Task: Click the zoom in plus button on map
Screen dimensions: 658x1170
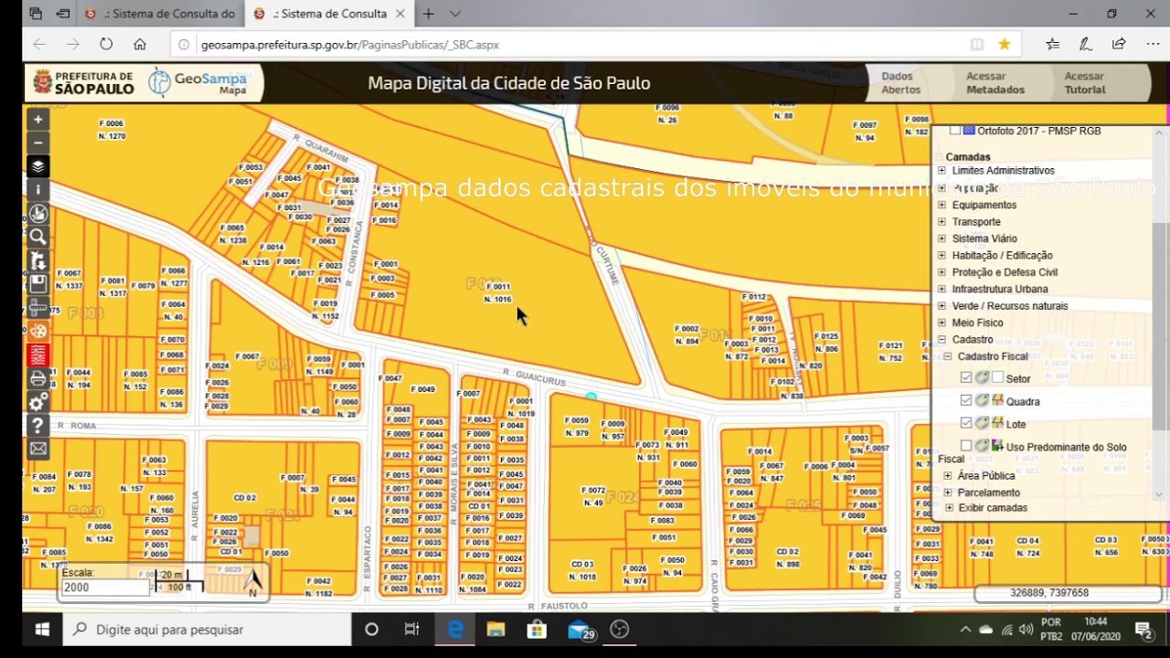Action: pyautogui.click(x=37, y=119)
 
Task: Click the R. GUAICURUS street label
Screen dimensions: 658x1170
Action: pyautogui.click(x=534, y=376)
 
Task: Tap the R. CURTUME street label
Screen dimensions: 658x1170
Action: pyautogui.click(x=607, y=264)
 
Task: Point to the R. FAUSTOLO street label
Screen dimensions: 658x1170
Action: pyautogui.click(x=558, y=606)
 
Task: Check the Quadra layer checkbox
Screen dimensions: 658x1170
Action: pyautogui.click(x=966, y=401)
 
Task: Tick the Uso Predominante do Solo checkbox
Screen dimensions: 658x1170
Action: pyautogui.click(x=966, y=446)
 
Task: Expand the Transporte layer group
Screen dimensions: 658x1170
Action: pyautogui.click(x=942, y=222)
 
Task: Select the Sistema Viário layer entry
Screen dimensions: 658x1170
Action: pyautogui.click(x=984, y=239)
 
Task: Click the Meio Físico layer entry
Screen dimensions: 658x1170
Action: pyautogui.click(x=977, y=323)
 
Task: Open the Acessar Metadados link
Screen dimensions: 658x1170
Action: pyautogui.click(x=995, y=83)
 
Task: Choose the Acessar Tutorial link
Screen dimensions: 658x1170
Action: pyautogui.click(x=1084, y=83)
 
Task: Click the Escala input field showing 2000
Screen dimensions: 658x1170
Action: pyautogui.click(x=103, y=588)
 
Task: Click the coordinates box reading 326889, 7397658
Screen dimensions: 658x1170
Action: pyautogui.click(x=1049, y=593)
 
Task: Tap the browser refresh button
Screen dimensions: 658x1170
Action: pyautogui.click(x=106, y=44)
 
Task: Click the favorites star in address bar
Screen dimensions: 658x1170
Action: pyautogui.click(x=1005, y=44)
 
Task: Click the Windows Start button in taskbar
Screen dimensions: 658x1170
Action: pyautogui.click(x=42, y=630)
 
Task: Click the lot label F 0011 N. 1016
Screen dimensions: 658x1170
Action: pyautogui.click(x=497, y=292)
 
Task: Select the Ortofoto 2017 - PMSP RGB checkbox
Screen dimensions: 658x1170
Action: pyautogui.click(x=955, y=131)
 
